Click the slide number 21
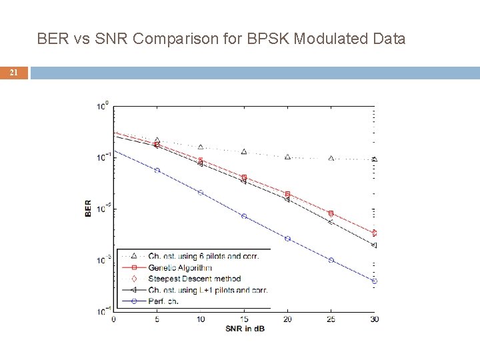[x=13, y=73]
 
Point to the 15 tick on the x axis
[x=244, y=319]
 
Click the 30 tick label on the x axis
[x=374, y=319]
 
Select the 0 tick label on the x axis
[x=113, y=319]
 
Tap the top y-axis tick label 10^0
[x=103, y=105]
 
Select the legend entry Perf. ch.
[x=163, y=301]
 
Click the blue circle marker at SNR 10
[x=201, y=192]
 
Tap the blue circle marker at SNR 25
[x=331, y=260]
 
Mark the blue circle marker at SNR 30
[x=374, y=281]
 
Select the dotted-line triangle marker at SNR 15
[x=244, y=151]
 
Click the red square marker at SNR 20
[x=287, y=194]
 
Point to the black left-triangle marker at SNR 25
[x=331, y=222]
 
